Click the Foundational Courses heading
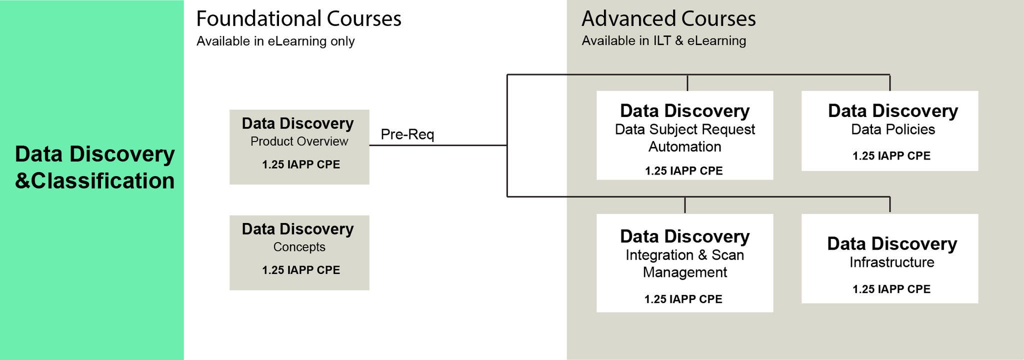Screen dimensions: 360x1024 (298, 19)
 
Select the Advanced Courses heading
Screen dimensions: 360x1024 (668, 19)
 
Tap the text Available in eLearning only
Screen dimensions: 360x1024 (275, 41)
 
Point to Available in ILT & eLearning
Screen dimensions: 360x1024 (663, 40)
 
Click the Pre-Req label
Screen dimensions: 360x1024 (407, 134)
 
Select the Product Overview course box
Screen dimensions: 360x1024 (299, 147)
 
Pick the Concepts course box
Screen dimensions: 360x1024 (299, 252)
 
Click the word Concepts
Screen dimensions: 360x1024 (299, 247)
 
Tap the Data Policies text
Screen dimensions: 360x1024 (893, 129)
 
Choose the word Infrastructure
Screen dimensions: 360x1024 (891, 262)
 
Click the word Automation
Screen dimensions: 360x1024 (684, 147)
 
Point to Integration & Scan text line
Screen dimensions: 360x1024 (684, 255)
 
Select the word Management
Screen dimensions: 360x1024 (684, 272)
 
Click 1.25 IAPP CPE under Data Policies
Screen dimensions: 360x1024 (891, 156)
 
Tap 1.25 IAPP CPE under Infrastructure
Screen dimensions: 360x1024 (891, 289)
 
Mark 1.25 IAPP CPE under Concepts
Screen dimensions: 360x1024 (300, 270)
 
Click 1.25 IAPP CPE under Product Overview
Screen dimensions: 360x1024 (300, 164)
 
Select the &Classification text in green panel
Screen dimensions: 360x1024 (94, 181)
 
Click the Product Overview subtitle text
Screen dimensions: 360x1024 (299, 141)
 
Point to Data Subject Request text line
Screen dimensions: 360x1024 (684, 129)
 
